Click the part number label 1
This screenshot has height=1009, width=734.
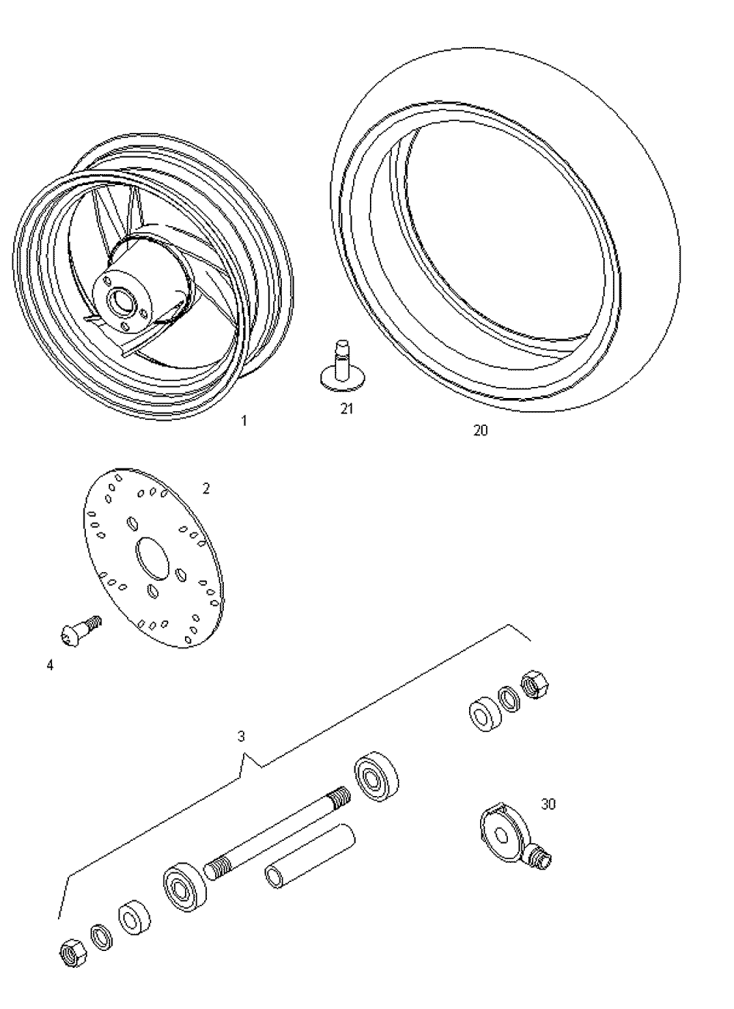(244, 421)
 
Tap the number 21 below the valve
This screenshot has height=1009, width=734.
(346, 409)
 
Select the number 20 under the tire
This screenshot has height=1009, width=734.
(481, 430)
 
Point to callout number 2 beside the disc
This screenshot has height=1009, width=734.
(206, 489)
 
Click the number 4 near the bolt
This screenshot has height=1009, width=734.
(49, 665)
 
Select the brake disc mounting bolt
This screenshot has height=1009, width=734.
(81, 631)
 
